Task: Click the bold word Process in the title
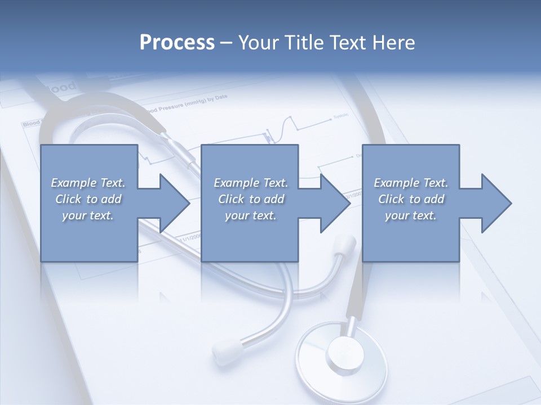coord(177,43)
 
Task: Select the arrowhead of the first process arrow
coord(175,203)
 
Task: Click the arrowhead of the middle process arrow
coord(335,203)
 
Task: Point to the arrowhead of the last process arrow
coord(496,203)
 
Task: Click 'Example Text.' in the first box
coord(88,183)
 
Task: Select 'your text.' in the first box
coord(88,215)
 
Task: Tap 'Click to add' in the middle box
coord(251,199)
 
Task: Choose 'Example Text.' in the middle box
coord(251,183)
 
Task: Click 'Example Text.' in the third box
coord(411,183)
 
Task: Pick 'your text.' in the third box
coord(411,215)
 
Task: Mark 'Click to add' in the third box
coord(411,199)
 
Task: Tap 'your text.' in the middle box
coord(251,215)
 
